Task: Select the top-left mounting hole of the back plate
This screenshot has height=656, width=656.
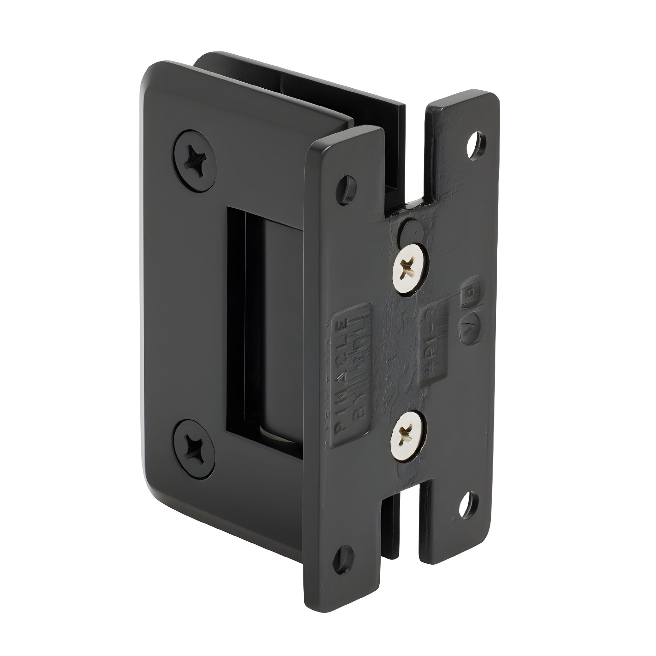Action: coord(346,186)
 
